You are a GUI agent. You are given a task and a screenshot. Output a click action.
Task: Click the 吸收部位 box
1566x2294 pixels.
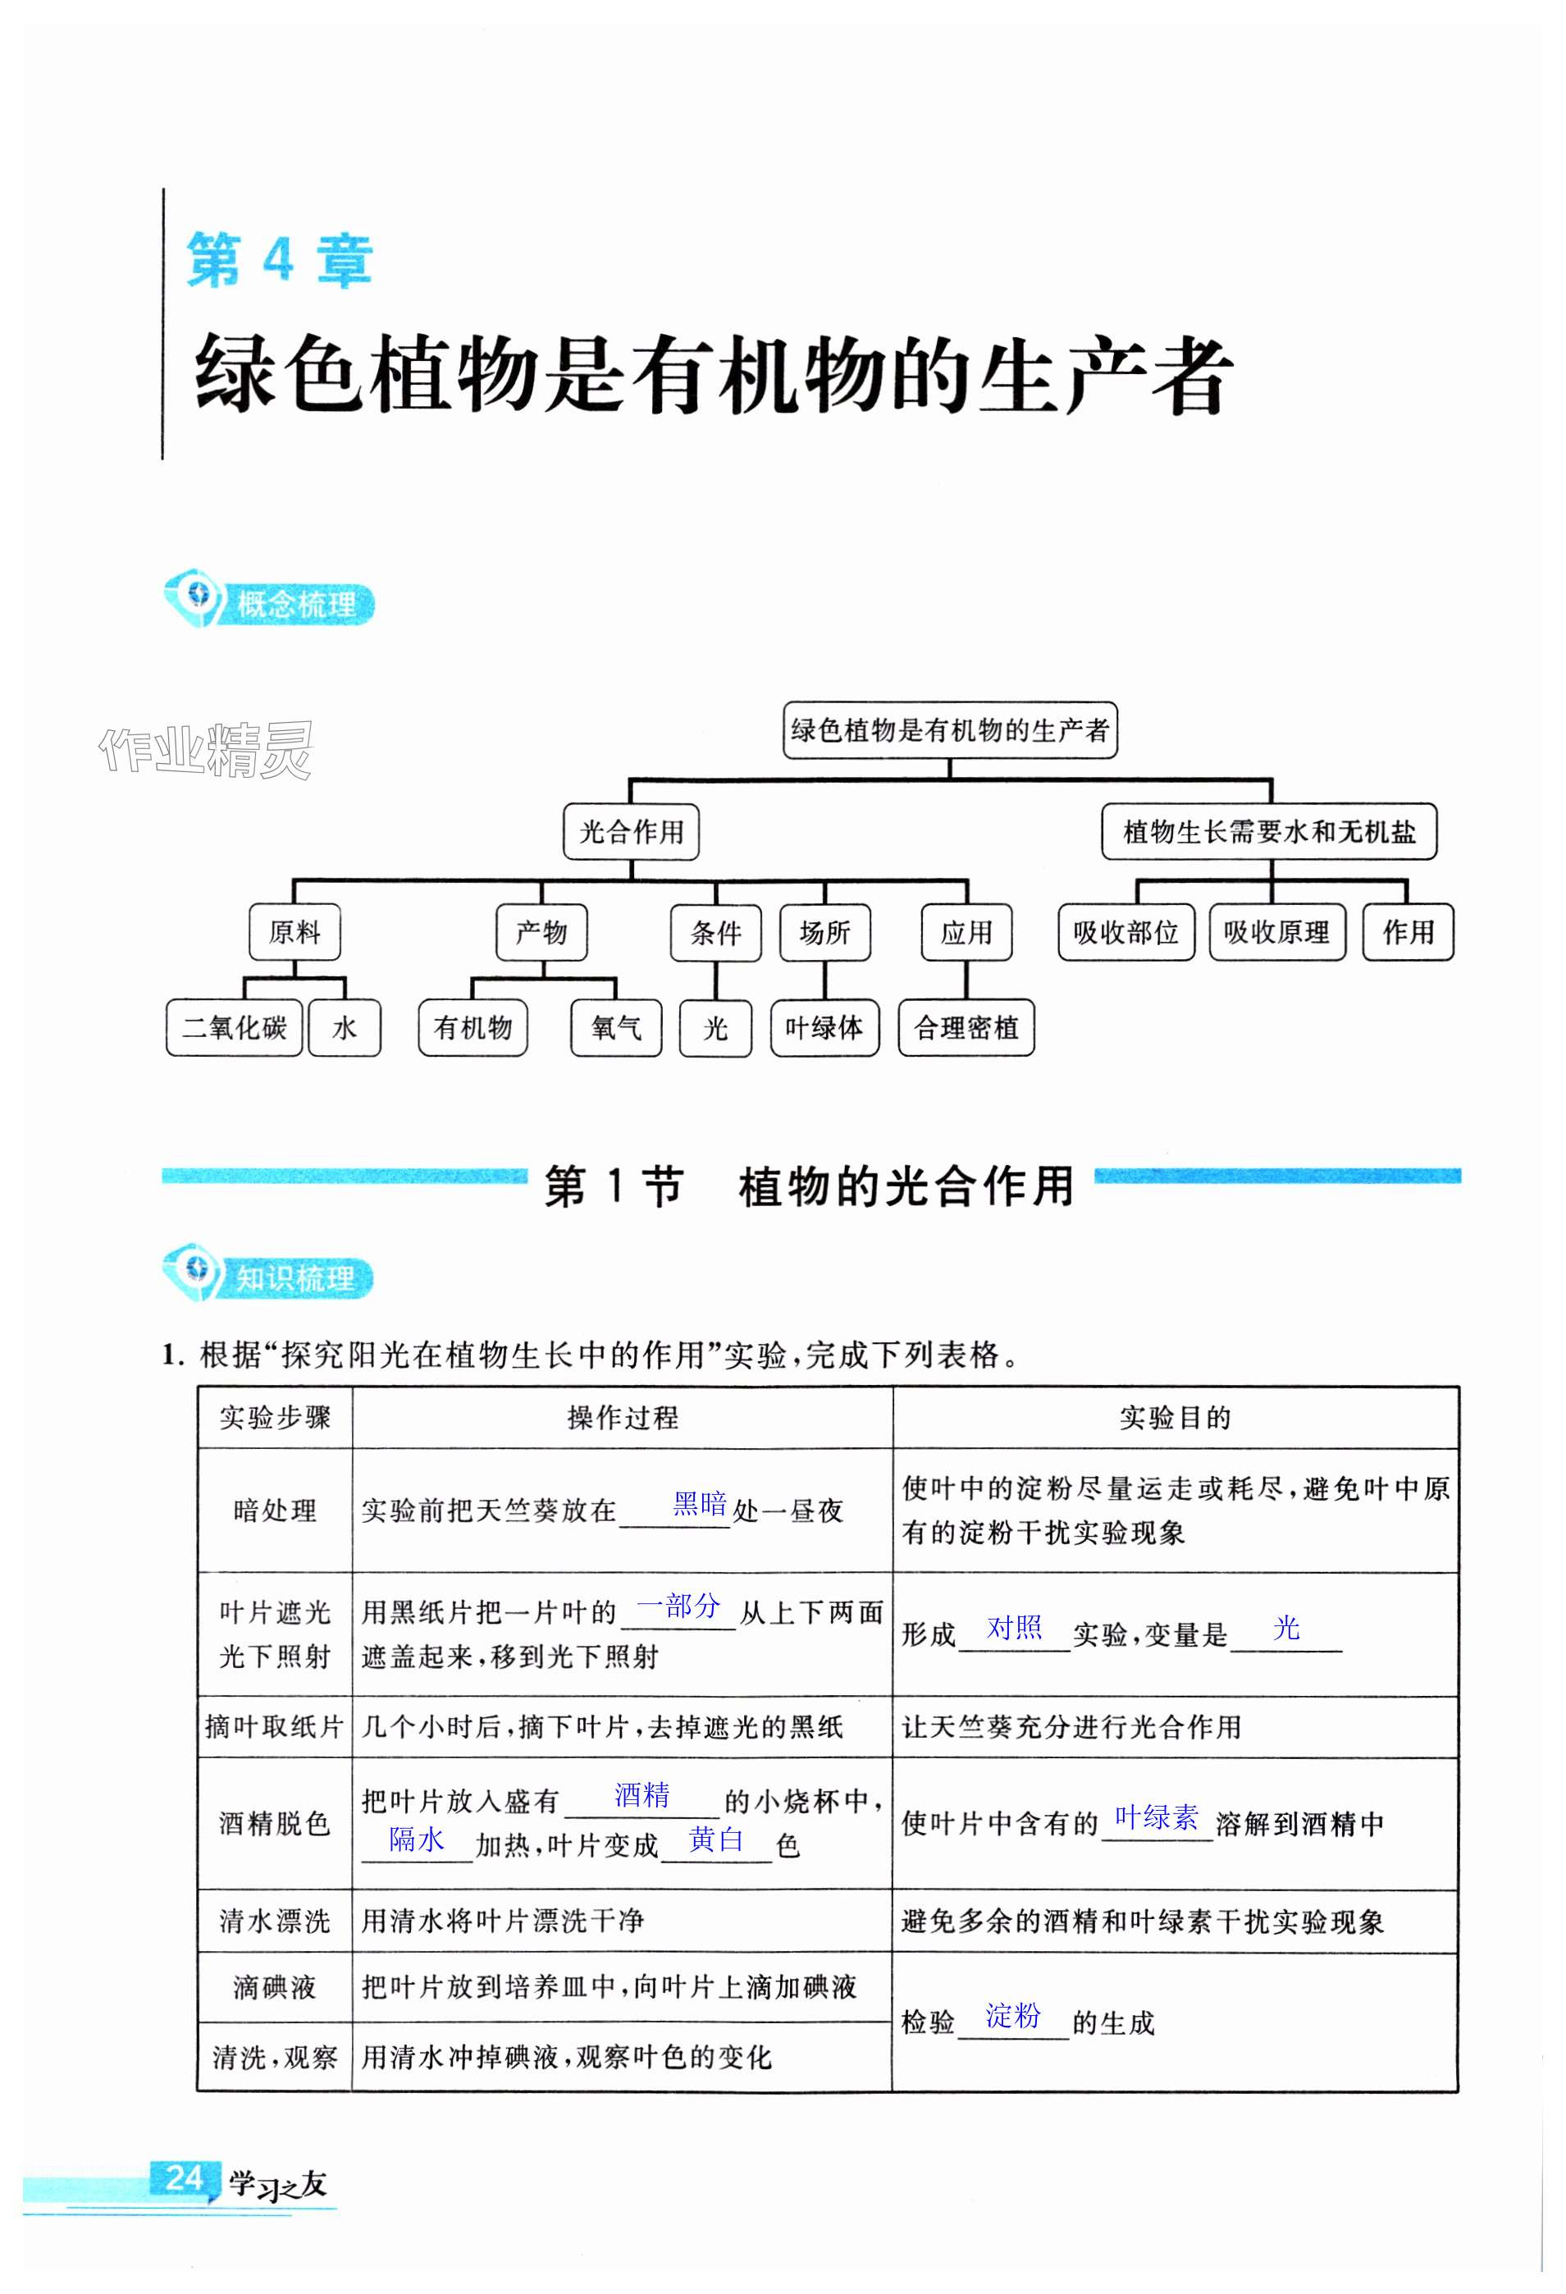1125,932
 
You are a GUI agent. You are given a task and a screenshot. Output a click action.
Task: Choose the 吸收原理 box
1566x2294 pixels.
1276,932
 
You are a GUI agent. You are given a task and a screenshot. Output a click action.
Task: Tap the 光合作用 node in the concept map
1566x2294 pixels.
631,831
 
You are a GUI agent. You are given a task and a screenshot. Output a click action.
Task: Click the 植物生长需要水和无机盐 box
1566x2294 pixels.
1268,831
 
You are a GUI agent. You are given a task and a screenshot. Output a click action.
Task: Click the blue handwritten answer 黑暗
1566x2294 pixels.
699,1505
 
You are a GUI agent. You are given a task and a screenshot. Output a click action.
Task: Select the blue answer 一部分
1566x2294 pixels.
679,1606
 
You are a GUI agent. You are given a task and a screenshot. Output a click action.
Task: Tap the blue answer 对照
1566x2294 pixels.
1015,1628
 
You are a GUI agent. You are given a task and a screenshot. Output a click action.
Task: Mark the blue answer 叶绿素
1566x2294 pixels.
1156,1816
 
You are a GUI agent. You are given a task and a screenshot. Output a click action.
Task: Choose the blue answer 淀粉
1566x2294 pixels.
1012,2015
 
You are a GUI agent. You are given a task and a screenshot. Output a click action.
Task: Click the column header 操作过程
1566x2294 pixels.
623,1418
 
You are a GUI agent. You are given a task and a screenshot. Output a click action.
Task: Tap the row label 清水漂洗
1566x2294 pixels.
274,1921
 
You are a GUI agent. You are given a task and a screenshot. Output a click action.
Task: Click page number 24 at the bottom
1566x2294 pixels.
185,2177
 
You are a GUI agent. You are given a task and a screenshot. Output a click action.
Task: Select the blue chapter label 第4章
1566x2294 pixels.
279,261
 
